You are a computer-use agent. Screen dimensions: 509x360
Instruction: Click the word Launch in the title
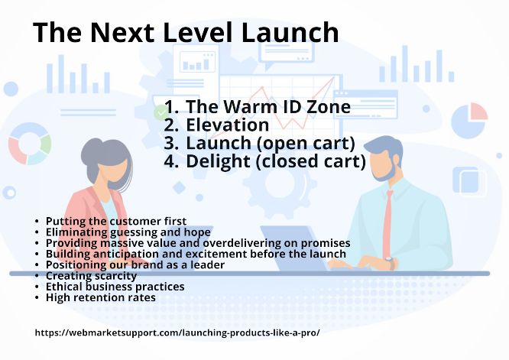(290, 32)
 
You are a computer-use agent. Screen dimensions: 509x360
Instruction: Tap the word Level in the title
(197, 32)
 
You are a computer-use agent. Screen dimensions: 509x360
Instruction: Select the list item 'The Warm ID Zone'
(268, 106)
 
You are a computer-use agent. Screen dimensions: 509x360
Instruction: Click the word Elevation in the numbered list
(227, 125)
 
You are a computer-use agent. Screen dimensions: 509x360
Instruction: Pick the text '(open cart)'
(306, 144)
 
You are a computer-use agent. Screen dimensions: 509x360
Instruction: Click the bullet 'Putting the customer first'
(116, 221)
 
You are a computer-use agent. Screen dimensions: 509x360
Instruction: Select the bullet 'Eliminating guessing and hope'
(128, 232)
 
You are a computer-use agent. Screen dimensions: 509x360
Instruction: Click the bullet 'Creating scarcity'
(91, 276)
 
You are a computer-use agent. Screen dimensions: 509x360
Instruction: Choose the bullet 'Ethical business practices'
(115, 287)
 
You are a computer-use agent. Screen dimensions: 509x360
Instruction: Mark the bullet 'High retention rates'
(101, 297)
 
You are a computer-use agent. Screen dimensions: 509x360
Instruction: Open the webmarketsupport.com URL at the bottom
(177, 332)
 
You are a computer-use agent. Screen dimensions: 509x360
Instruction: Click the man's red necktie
(387, 224)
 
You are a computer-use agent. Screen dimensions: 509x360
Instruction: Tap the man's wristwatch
(391, 262)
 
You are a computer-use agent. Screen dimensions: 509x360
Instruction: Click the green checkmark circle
(160, 113)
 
